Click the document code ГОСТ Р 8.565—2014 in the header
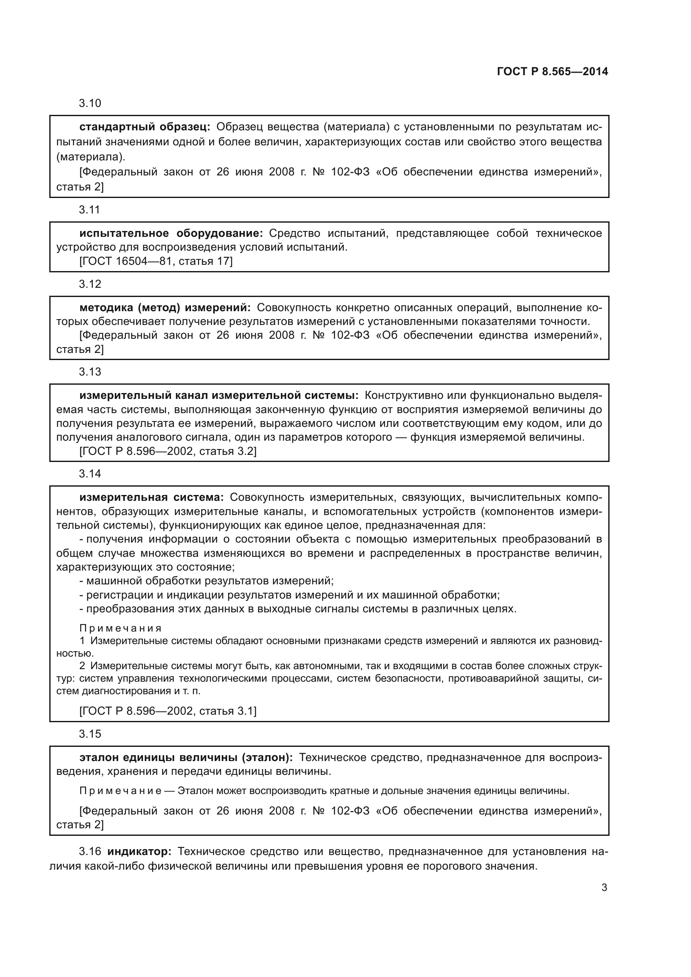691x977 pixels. point(552,71)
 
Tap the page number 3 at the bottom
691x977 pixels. point(604,887)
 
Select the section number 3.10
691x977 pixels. point(90,104)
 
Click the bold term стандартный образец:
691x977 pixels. point(145,127)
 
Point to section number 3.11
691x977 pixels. point(89,210)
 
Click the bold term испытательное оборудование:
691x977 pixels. point(171,233)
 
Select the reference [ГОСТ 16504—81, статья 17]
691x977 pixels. point(156,261)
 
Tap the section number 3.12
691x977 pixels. point(90,284)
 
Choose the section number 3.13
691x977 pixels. point(90,372)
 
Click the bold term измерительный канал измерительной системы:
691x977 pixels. point(218,395)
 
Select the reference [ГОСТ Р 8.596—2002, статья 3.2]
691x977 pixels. point(168,451)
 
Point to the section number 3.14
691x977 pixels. point(90,474)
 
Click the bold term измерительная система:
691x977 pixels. point(151,497)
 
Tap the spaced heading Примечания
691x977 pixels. point(120,629)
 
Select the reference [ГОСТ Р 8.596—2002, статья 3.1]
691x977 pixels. point(168,711)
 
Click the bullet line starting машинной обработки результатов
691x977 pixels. point(206,581)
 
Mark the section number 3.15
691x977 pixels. point(90,734)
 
